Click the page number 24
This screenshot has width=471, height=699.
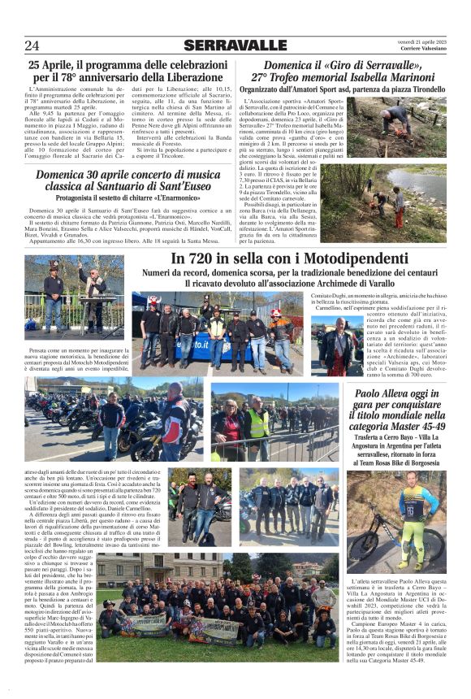tap(32, 45)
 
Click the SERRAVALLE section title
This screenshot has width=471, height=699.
tap(235, 45)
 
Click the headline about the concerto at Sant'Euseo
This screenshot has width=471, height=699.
tap(128, 180)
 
